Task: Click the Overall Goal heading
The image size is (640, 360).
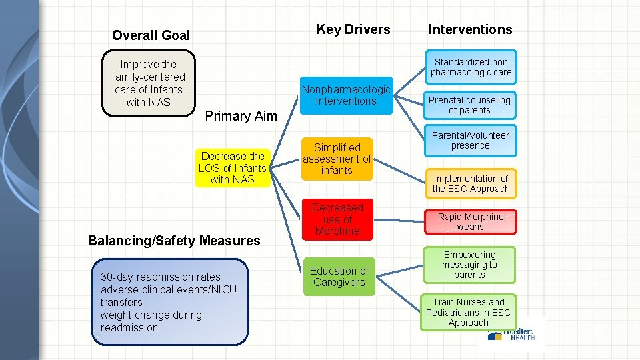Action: (x=151, y=35)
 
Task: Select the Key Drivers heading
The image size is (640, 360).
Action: (x=353, y=29)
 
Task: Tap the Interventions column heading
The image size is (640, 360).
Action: (x=470, y=29)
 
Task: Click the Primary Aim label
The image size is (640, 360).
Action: (x=241, y=116)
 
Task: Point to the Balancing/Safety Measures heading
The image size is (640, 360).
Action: (x=174, y=241)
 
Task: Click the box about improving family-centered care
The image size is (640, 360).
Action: (x=148, y=83)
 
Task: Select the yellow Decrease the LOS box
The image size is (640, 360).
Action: (x=232, y=167)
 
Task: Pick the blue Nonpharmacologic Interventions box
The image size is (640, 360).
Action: (x=346, y=95)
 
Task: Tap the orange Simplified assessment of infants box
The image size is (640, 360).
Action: (x=337, y=159)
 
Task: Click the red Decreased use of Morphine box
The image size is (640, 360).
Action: (x=337, y=219)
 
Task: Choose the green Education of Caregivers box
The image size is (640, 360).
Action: (x=339, y=277)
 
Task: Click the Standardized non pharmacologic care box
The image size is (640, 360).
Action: (x=471, y=67)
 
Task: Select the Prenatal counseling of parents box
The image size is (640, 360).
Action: (x=469, y=105)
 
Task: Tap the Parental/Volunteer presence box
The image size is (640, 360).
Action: (x=470, y=141)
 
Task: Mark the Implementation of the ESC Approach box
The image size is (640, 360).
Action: (x=471, y=184)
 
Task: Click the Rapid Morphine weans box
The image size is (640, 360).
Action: (x=471, y=222)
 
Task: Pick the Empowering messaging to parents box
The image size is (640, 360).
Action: (x=469, y=265)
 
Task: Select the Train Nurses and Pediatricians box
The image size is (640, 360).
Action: (x=468, y=313)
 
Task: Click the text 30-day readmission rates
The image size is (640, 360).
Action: (x=160, y=277)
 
